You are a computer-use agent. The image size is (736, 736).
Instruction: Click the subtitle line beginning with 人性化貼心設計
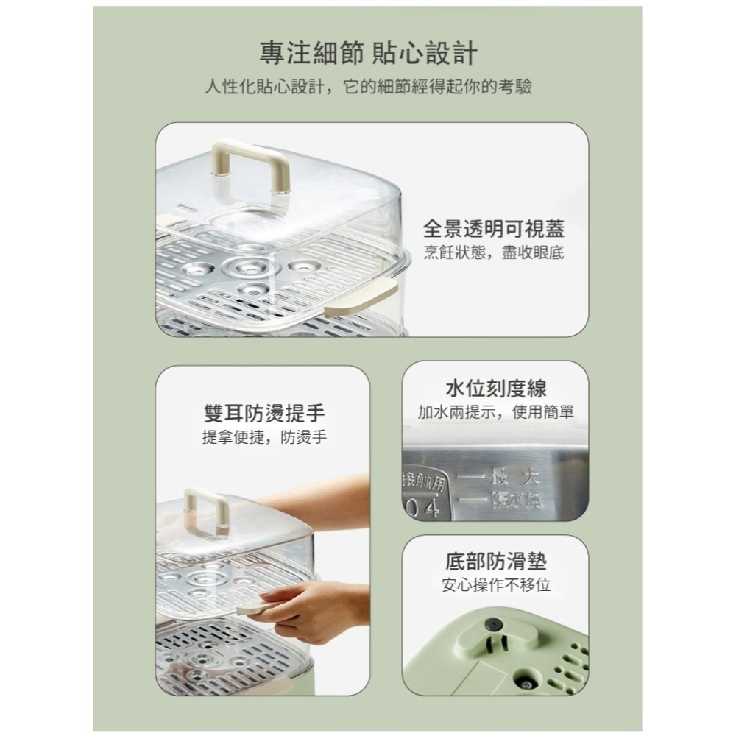click(368, 88)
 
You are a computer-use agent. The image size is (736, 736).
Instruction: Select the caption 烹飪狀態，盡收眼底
click(494, 252)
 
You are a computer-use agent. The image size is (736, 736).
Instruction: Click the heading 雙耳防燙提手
click(264, 412)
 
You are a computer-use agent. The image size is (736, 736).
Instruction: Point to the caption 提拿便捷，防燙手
click(264, 437)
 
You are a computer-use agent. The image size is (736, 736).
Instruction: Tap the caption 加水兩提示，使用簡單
click(495, 412)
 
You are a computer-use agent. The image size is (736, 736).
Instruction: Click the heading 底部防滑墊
click(495, 562)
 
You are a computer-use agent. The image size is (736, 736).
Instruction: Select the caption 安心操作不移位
click(495, 586)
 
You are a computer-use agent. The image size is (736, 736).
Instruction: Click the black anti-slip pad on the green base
click(494, 625)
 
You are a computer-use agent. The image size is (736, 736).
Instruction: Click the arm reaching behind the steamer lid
click(324, 500)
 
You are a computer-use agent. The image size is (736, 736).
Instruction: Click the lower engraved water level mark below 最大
click(515, 500)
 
